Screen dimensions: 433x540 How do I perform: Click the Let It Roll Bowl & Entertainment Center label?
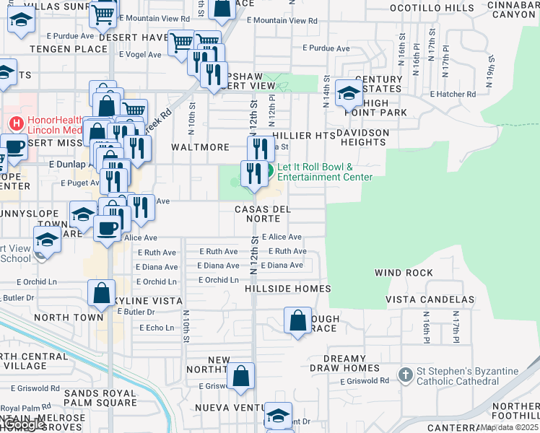tap(325, 172)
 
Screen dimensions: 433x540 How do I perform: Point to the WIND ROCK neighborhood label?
tap(404, 273)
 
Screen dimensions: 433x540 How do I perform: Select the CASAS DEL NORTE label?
tap(263, 214)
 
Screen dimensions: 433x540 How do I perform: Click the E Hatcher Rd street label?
tap(453, 94)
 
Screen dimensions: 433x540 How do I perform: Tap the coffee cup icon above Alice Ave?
tap(108, 229)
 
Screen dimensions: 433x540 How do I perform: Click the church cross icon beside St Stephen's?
tap(406, 375)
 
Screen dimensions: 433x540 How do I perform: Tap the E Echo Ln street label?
tap(156, 328)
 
